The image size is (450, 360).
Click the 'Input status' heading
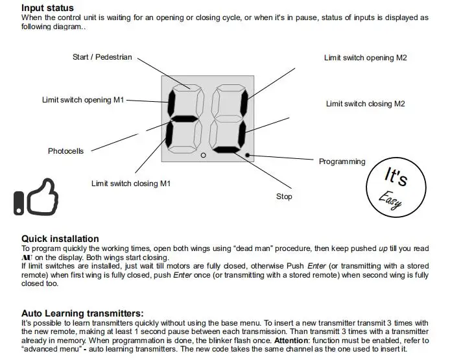pyautogui.click(x=47, y=8)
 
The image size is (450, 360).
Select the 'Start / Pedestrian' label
pyautogui.click(x=102, y=57)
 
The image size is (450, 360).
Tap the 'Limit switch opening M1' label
pyautogui.click(x=82, y=100)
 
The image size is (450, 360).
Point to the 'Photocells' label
pyautogui.click(x=65, y=151)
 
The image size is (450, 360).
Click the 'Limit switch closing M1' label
pyautogui.click(x=130, y=184)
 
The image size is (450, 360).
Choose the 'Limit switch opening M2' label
pyautogui.click(x=365, y=58)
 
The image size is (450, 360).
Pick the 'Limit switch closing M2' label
pyautogui.click(x=365, y=104)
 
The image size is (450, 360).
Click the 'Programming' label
pyautogui.click(x=342, y=162)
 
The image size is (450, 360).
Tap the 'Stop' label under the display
pyautogui.click(x=284, y=197)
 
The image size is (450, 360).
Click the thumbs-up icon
pyautogui.click(x=36, y=195)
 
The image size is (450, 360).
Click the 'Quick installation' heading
pyautogui.click(x=60, y=239)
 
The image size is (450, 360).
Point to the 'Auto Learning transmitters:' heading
pyautogui.click(x=82, y=313)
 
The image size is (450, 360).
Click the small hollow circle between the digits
pyautogui.click(x=203, y=156)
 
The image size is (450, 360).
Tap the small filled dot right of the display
pyautogui.click(x=248, y=155)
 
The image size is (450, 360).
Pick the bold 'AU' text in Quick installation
pyautogui.click(x=27, y=257)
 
